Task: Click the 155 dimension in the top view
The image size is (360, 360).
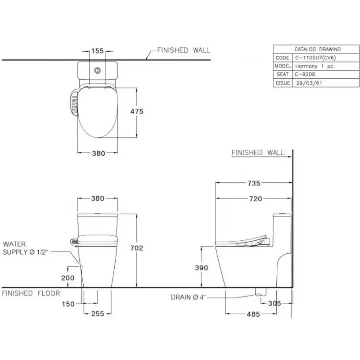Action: point(98,51)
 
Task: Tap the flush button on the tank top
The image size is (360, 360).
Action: point(98,70)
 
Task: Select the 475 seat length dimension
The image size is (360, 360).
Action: point(137,111)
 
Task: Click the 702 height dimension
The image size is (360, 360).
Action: point(137,248)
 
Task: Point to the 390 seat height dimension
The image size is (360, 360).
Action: point(201,268)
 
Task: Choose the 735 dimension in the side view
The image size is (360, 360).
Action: point(254,183)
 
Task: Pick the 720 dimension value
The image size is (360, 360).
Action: point(256,198)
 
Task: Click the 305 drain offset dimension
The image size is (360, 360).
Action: point(274,303)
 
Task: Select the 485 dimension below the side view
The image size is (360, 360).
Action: point(253,314)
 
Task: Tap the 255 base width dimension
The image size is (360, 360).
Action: point(98,314)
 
